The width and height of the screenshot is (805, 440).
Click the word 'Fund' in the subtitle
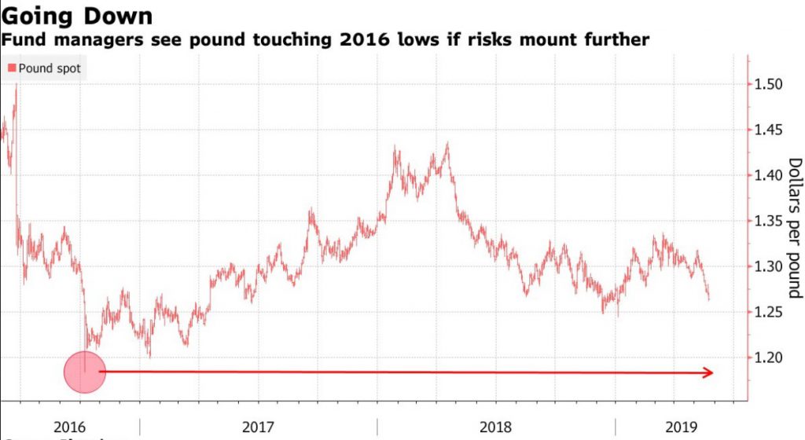click(23, 39)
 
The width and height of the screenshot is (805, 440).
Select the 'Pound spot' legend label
click(50, 68)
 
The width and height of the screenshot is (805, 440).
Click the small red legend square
click(12, 68)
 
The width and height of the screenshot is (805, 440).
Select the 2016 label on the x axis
click(70, 427)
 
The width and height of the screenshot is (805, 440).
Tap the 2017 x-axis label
click(258, 427)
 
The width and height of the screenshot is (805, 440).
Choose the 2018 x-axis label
click(495, 427)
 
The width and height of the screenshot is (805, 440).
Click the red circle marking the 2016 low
click(84, 372)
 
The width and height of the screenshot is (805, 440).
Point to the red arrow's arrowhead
click(708, 372)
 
